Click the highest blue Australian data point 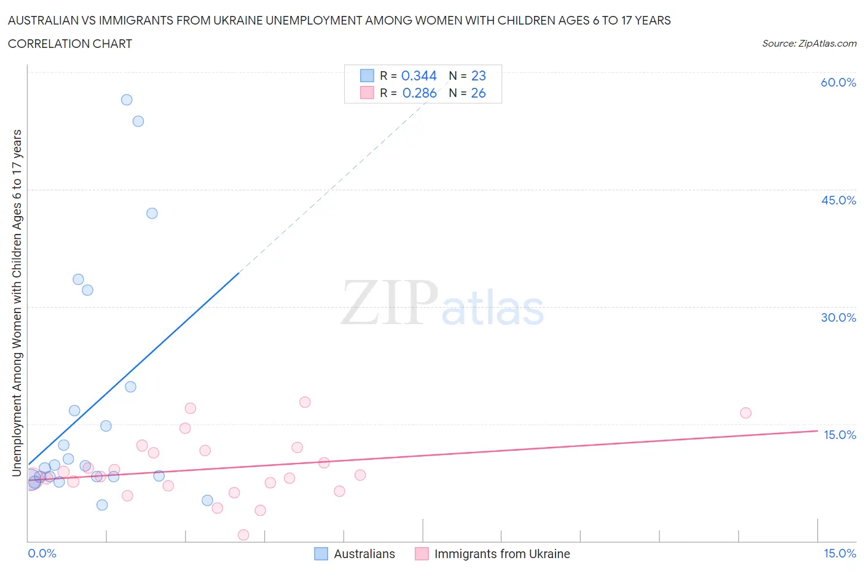(x=127, y=99)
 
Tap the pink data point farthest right (x=745, y=413)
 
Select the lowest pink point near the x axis (x=243, y=535)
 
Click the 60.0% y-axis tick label (x=838, y=82)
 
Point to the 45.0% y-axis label (x=838, y=200)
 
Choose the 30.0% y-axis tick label (x=838, y=317)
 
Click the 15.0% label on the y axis (x=839, y=435)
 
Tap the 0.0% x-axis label (x=42, y=553)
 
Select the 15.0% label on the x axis (x=839, y=553)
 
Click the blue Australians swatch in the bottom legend (x=321, y=554)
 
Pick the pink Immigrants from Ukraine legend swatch (x=422, y=554)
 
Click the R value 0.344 (x=418, y=76)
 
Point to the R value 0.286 (x=419, y=93)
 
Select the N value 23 (x=478, y=76)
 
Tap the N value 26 (x=478, y=93)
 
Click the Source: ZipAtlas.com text (x=809, y=43)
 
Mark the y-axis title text (x=17, y=303)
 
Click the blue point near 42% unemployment (x=152, y=213)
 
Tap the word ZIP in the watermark (x=389, y=303)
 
